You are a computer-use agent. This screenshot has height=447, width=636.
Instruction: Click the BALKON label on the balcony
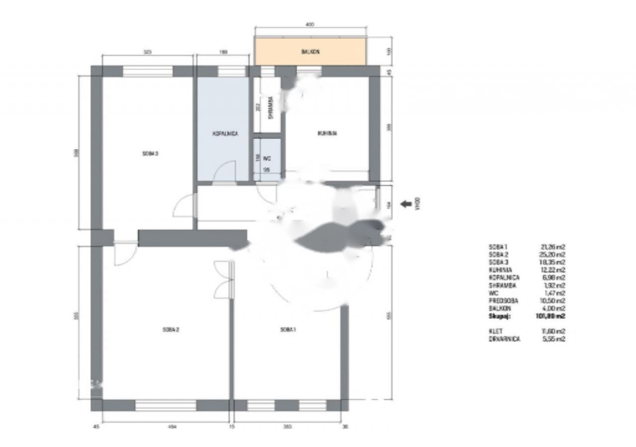coord(310,51)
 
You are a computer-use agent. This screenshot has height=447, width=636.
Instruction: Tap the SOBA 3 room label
coord(150,153)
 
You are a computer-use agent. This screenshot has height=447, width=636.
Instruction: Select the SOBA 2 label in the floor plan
coord(170,329)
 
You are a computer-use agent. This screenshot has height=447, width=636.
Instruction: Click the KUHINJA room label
coord(327,133)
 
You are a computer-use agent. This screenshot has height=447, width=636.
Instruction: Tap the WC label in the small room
coord(267,158)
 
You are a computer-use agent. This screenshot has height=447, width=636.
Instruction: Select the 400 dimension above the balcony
coord(311,24)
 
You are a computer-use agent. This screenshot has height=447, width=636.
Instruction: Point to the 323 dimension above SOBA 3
coord(147,52)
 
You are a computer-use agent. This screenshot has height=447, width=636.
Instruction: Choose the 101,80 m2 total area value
coord(553,316)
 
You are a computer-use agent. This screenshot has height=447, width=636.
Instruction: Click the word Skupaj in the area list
coord(500,316)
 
